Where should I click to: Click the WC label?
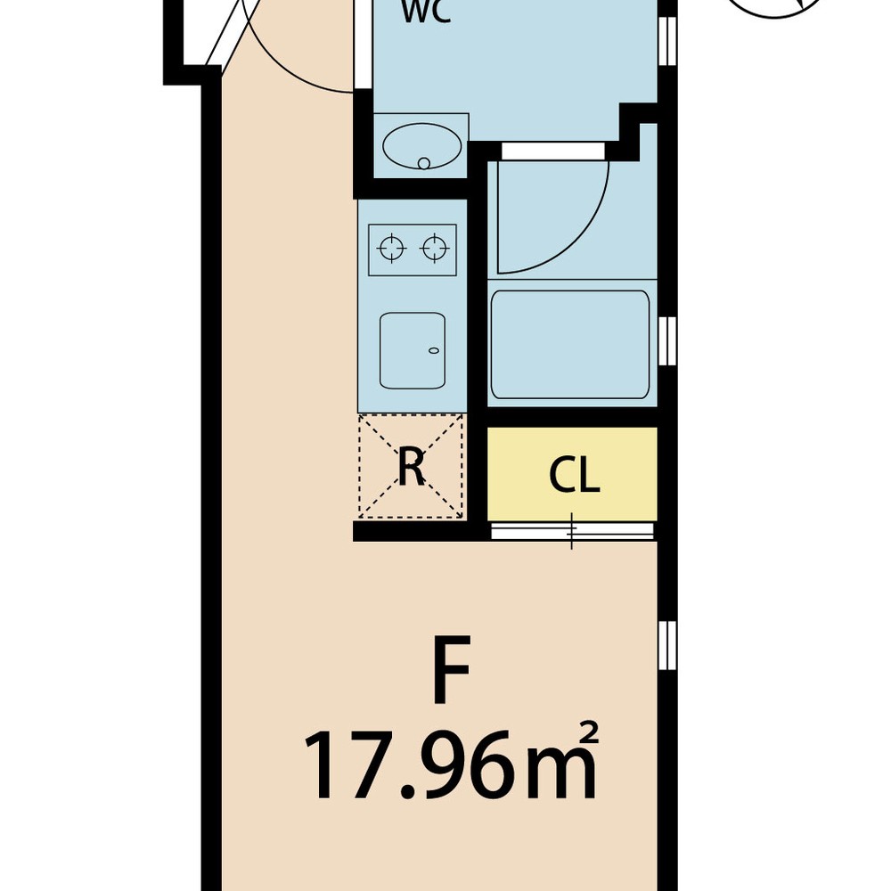click(426, 12)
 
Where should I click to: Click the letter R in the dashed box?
click(412, 467)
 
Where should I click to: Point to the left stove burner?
click(392, 249)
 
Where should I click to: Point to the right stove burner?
click(435, 249)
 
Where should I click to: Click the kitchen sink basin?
click(412, 350)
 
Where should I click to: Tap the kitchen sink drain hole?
click(434, 350)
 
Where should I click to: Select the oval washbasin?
click(421, 146)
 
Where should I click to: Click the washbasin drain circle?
click(423, 164)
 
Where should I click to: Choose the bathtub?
click(570, 345)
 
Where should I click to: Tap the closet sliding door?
click(572, 531)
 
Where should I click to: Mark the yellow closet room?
click(572, 474)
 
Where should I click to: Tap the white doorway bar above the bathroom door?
click(553, 151)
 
